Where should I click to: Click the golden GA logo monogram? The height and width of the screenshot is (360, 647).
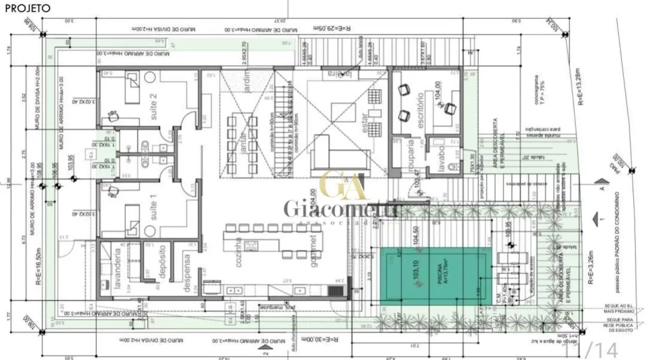click(343, 185)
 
